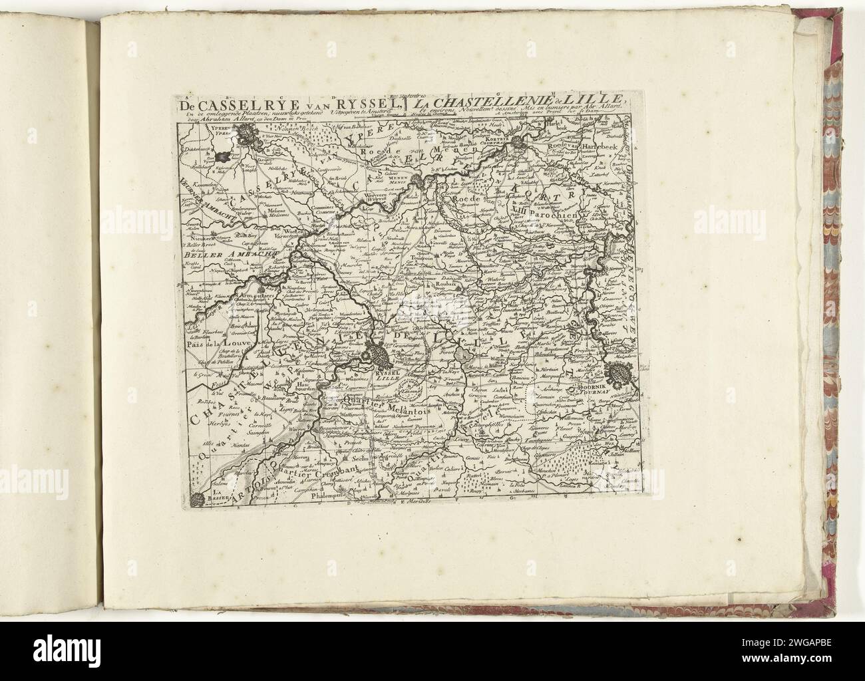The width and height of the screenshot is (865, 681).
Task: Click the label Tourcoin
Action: click(422, 258)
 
